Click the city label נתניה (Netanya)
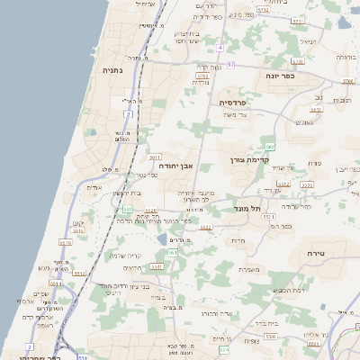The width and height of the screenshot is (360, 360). [x=112, y=69]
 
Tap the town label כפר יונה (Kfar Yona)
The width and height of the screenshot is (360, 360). [x=305, y=76]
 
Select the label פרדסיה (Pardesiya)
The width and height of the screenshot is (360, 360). [x=238, y=103]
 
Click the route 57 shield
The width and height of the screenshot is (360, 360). [x=230, y=65]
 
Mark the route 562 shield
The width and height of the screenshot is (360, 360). [x=269, y=145]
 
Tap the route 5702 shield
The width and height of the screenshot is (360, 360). [x=202, y=77]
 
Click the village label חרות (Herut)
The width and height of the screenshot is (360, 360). [x=238, y=240]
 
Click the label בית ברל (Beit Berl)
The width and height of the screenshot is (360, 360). [x=277, y=322]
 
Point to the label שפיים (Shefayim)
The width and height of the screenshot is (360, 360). [x=40, y=293]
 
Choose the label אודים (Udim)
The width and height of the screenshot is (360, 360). [x=94, y=187]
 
